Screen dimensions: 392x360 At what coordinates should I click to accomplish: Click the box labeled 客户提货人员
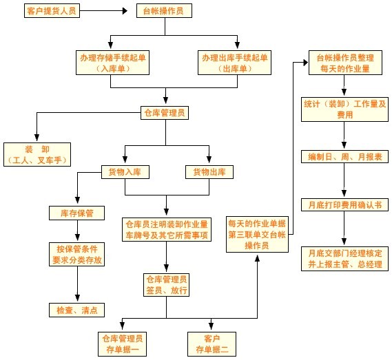click(x=52, y=11)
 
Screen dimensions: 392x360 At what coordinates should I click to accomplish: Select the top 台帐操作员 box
click(x=164, y=11)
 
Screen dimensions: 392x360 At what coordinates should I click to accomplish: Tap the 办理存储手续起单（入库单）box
click(x=113, y=63)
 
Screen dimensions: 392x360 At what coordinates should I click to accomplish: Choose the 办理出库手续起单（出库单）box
click(x=234, y=63)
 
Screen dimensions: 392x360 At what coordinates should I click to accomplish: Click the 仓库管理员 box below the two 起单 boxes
click(x=165, y=113)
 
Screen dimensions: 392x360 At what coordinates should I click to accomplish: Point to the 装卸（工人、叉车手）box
click(x=37, y=154)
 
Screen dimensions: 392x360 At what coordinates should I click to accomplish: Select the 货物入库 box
click(x=125, y=172)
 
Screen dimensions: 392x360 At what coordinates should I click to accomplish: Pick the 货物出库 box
click(x=209, y=172)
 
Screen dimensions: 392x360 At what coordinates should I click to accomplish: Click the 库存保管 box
click(x=76, y=213)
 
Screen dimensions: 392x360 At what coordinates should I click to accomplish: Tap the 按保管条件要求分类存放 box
click(x=76, y=254)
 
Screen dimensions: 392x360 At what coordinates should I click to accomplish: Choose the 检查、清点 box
click(x=76, y=310)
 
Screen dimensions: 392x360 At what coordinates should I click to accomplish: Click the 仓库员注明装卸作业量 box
click(x=167, y=229)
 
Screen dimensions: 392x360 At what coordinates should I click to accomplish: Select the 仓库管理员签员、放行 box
click(x=166, y=285)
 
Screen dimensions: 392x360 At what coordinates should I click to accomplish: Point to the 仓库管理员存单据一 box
click(x=122, y=344)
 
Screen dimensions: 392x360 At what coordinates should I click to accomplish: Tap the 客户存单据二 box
click(x=212, y=344)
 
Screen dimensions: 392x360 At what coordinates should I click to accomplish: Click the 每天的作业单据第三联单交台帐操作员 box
click(x=257, y=234)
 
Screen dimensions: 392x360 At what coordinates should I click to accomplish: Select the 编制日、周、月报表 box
click(x=344, y=157)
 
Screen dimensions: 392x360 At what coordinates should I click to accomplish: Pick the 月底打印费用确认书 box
click(x=344, y=205)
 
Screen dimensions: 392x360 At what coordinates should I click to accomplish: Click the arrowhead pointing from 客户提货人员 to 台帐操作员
click(x=125, y=11)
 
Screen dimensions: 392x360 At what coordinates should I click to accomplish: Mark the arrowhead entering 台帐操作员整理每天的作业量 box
click(x=305, y=63)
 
